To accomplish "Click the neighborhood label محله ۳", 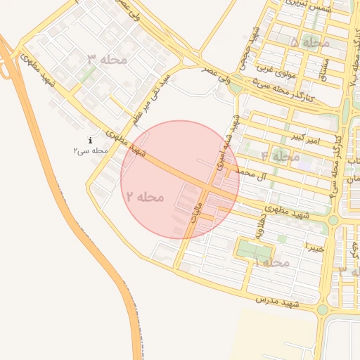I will tap(108, 58).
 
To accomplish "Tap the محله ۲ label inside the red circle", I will tap(145, 196).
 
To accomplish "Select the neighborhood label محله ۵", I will tap(309, 42).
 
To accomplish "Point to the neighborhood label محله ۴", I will tap(280, 156).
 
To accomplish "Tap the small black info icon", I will tap(91, 140).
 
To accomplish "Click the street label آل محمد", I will tap(252, 173).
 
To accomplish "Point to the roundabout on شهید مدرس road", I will tap(322, 309).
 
